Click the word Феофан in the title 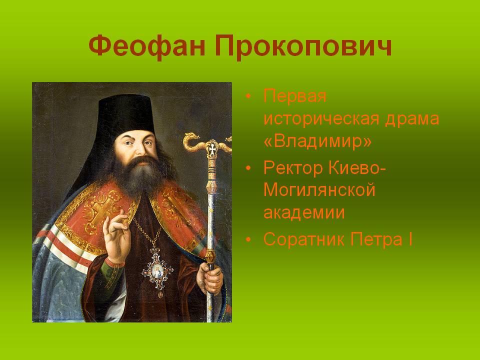147,46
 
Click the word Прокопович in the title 303,46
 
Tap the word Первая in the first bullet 295,96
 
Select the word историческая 321,119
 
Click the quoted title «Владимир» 318,141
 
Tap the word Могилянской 319,190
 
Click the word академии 304,213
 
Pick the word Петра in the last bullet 376,239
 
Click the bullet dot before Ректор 248,168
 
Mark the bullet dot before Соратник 248,239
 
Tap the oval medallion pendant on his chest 157,271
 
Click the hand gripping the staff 209,278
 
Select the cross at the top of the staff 211,149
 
